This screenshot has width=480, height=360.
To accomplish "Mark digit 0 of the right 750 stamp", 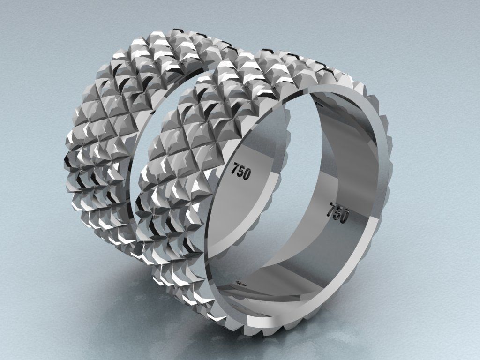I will click(x=345, y=217).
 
